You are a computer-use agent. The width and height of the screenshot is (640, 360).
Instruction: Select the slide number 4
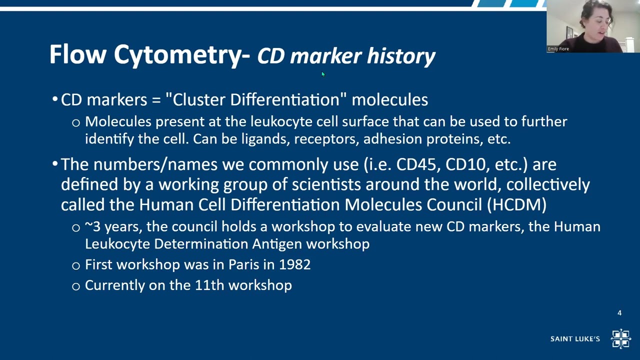coord(619,313)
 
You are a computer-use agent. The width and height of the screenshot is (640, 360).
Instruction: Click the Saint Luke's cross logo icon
coord(620,338)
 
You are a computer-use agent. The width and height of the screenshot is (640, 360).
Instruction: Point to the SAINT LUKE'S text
coord(575,339)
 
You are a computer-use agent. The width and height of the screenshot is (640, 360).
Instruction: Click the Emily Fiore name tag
coord(558,49)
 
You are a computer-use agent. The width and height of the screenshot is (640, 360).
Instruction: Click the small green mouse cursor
coord(323,74)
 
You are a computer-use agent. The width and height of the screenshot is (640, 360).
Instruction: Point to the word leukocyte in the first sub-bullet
coord(281,121)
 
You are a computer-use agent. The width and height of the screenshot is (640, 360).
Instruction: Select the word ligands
coord(265,139)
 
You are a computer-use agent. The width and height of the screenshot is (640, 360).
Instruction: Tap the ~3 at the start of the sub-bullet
coord(92,227)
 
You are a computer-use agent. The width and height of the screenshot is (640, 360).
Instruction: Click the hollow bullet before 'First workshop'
coord(76,265)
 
